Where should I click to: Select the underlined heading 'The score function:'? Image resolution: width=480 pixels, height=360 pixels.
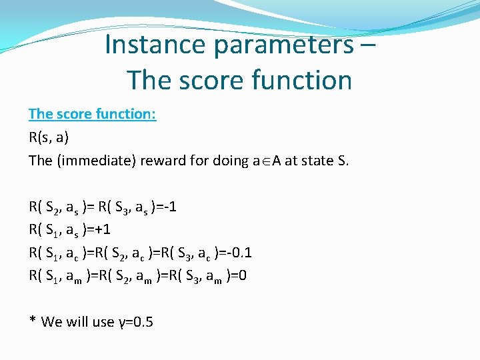92,114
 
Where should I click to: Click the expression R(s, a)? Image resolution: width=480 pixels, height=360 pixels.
49,137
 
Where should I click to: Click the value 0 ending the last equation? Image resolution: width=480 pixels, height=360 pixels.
243,276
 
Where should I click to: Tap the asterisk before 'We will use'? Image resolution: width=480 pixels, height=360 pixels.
33,321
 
